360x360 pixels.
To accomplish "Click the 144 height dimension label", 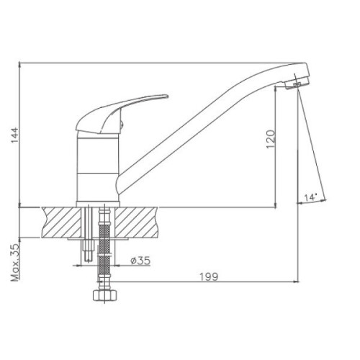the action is point(14,135).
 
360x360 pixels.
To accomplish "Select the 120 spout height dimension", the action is point(271,139).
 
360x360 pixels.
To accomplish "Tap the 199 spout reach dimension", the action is point(209,276).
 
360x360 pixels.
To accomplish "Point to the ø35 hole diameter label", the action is point(140,261).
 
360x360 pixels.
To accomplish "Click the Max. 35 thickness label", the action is point(15,262).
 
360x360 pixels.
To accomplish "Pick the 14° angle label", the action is point(311,198).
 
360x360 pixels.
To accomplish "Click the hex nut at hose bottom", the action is point(105,295).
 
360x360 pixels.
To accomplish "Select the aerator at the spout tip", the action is point(297,84).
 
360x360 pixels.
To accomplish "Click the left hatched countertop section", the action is point(61,222).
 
